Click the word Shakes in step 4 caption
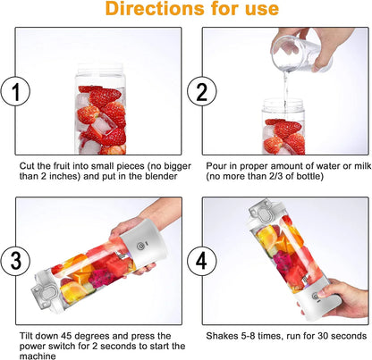[x=222, y=335]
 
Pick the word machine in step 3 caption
[x=38, y=356]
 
